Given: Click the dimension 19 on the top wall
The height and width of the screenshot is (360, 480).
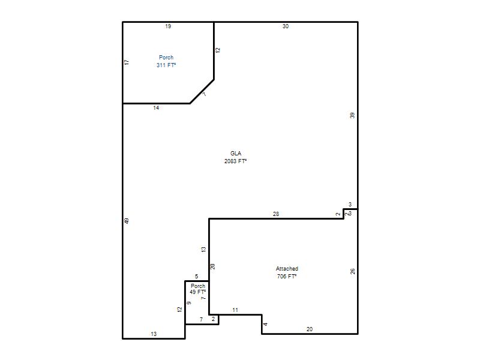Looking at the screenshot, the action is [x=168, y=26].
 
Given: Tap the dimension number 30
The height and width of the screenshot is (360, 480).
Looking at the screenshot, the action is [x=286, y=26].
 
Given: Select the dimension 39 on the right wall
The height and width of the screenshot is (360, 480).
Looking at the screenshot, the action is [x=352, y=115].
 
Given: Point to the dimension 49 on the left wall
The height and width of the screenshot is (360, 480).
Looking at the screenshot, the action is [x=127, y=221].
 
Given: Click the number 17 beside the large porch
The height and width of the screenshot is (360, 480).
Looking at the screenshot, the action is [x=127, y=62].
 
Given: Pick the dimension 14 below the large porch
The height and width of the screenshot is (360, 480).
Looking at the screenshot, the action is [x=156, y=108].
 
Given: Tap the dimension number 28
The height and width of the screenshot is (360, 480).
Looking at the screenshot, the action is [x=276, y=214].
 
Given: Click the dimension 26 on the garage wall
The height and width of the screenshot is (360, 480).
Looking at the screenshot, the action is [x=353, y=271].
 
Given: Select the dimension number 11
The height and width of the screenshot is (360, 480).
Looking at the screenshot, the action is [x=235, y=310].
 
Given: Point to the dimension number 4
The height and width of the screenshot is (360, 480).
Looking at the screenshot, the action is [x=265, y=324].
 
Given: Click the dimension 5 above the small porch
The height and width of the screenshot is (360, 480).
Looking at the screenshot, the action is [x=197, y=277].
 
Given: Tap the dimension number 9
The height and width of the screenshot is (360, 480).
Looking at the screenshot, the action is [x=189, y=303].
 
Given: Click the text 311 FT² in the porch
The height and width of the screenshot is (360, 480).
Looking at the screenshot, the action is [x=166, y=65].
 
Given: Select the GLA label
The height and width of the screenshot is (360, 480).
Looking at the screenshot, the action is [x=236, y=154].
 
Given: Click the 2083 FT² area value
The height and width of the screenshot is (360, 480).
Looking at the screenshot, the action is [x=235, y=161].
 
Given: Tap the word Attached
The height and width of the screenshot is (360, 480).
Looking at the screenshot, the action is [x=287, y=268].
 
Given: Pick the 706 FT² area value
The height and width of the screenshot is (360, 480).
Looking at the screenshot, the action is [x=287, y=277].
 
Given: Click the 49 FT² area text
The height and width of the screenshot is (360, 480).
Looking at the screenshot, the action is [x=198, y=292].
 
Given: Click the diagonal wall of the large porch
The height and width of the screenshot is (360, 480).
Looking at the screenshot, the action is [x=202, y=92].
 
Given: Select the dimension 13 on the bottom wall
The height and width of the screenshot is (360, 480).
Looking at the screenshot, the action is [x=154, y=334].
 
